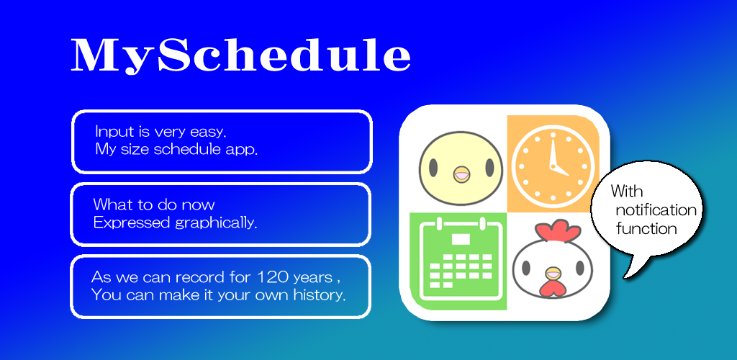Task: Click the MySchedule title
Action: click(241, 55)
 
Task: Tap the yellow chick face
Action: click(461, 168)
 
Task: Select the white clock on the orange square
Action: click(553, 164)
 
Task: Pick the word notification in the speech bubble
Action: click(656, 210)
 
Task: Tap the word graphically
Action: click(216, 222)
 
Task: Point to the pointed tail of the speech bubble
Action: click(625, 278)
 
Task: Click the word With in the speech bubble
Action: click(627, 191)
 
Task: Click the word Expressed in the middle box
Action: click(132, 222)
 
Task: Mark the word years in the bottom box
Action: click(312, 278)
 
